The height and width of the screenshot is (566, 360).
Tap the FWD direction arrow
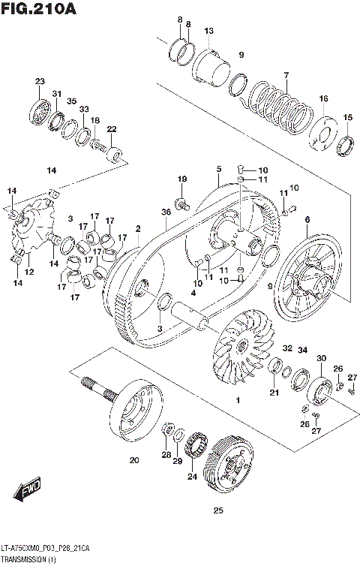click(28, 490)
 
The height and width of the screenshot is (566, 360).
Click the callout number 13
click(208, 31)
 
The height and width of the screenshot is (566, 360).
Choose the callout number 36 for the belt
click(166, 212)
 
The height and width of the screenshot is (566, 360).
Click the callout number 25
click(218, 511)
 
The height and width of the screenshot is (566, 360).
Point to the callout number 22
click(112, 130)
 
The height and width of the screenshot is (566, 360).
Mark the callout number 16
click(323, 99)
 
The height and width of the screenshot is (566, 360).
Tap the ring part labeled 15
click(346, 144)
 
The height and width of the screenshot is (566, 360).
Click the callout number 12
click(29, 272)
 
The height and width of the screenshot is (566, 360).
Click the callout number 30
click(320, 359)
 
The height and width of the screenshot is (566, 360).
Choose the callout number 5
click(218, 169)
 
